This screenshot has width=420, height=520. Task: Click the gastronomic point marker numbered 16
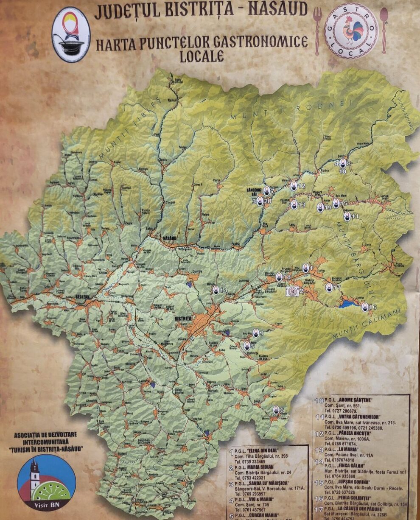tap(364, 307)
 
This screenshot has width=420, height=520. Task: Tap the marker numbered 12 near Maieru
tap(294, 186)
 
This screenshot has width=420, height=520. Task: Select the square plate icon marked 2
tap(292, 291)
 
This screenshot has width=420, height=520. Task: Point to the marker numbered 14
tap(216, 290)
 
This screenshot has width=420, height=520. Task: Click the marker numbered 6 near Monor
tap(276, 410)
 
